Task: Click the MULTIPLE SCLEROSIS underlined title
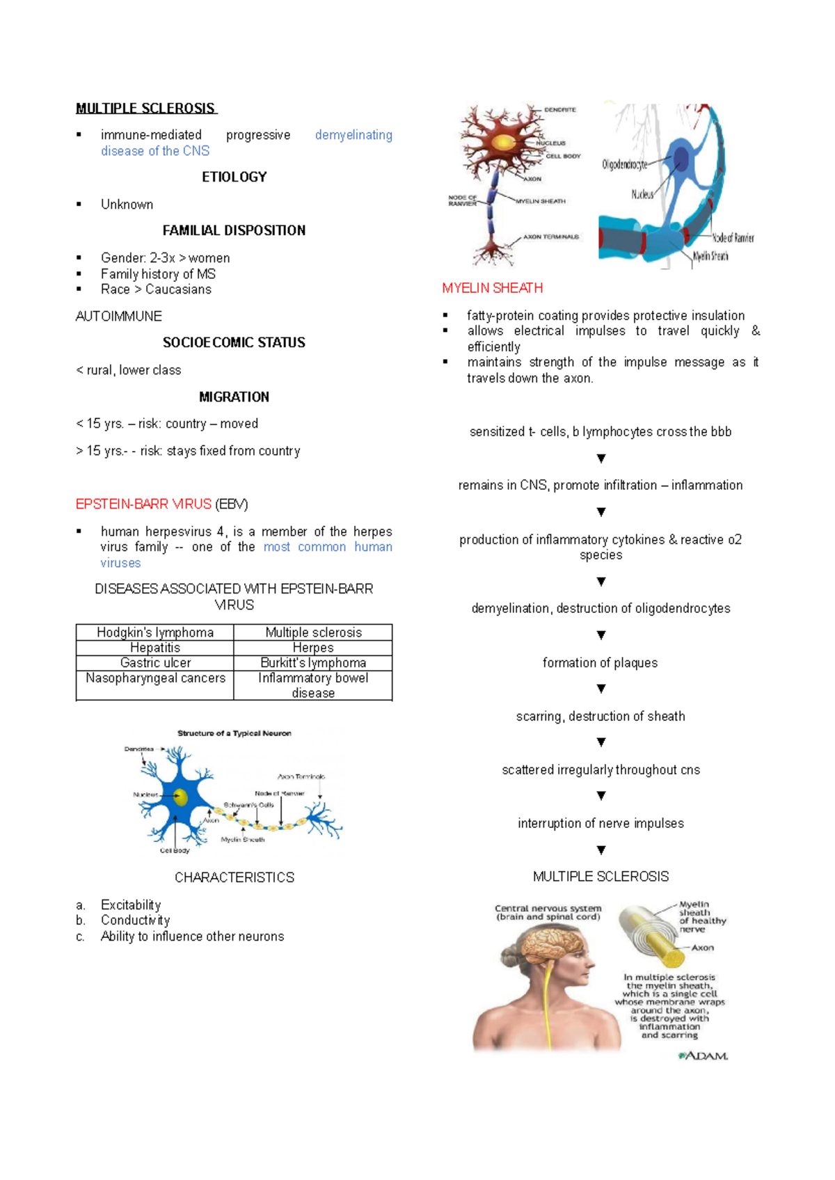click(x=145, y=109)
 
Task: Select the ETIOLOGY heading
click(x=234, y=177)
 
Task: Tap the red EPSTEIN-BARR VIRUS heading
click(x=143, y=504)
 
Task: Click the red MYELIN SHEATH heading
click(x=492, y=288)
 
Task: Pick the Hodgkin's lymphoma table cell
click(x=154, y=632)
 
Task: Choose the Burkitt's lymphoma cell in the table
click(x=313, y=663)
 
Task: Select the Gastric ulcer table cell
click(x=154, y=663)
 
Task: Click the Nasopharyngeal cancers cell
click(x=154, y=678)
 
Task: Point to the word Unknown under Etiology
click(x=127, y=205)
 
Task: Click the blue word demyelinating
click(x=353, y=135)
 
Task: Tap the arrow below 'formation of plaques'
click(x=601, y=689)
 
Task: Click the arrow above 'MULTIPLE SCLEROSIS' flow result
click(x=601, y=850)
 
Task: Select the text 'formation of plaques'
click(x=600, y=663)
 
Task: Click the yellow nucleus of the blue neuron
click(x=181, y=797)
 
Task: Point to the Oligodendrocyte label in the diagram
click(x=624, y=165)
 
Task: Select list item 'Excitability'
click(x=131, y=905)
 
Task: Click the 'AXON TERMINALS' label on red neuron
click(x=550, y=237)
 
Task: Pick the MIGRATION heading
click(x=234, y=397)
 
